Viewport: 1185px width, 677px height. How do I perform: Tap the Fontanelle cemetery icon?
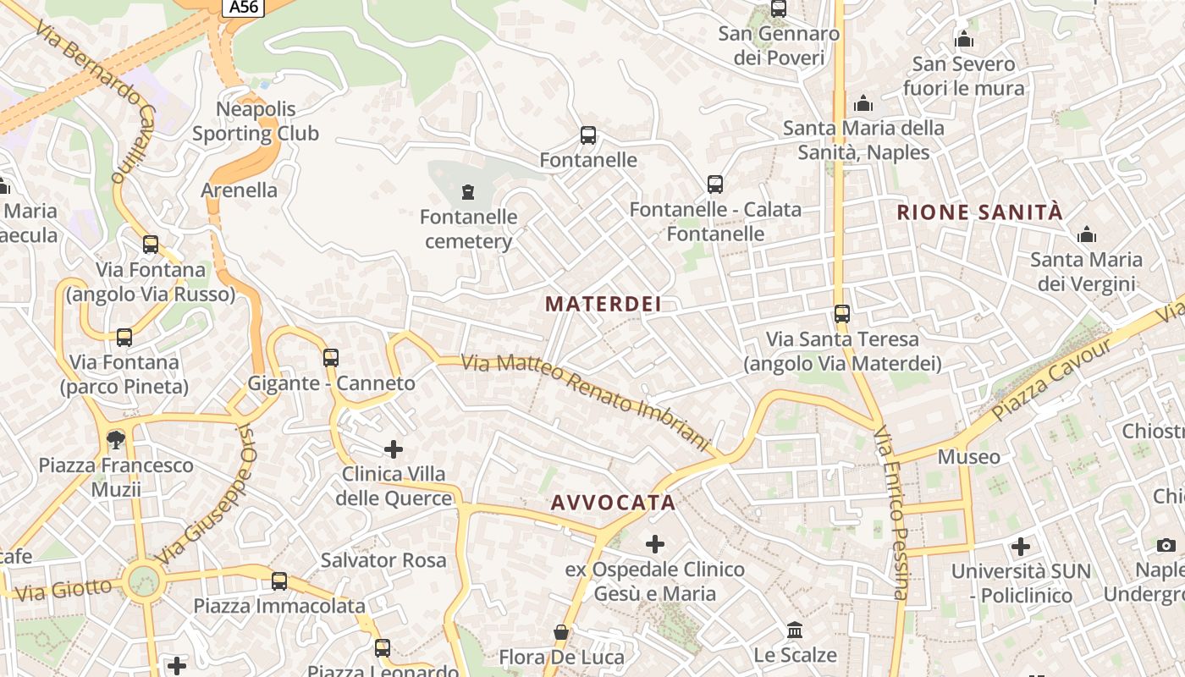click(x=467, y=192)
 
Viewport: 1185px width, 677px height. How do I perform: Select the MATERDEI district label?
click(x=604, y=304)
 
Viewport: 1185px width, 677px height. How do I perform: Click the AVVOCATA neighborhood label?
click(x=614, y=503)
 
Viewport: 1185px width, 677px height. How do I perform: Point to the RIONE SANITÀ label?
click(x=979, y=212)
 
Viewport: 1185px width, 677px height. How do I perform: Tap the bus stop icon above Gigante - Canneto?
click(x=331, y=358)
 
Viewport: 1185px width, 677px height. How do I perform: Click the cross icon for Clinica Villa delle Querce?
click(x=394, y=449)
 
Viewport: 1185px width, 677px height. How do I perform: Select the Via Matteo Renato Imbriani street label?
click(x=584, y=400)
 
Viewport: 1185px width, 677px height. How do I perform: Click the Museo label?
click(x=969, y=457)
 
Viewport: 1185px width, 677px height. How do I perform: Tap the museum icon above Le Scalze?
click(x=795, y=630)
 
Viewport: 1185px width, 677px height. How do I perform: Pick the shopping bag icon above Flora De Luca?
click(x=560, y=632)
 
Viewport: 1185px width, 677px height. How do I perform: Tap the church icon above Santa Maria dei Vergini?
click(x=1086, y=234)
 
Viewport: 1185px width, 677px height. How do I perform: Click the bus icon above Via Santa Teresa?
click(x=841, y=314)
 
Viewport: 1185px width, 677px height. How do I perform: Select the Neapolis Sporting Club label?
click(x=256, y=121)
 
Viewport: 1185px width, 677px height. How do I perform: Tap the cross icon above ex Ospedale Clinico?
click(x=654, y=544)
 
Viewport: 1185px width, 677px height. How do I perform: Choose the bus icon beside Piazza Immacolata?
click(x=279, y=581)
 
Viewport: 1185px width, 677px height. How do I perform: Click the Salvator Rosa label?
click(x=383, y=560)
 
